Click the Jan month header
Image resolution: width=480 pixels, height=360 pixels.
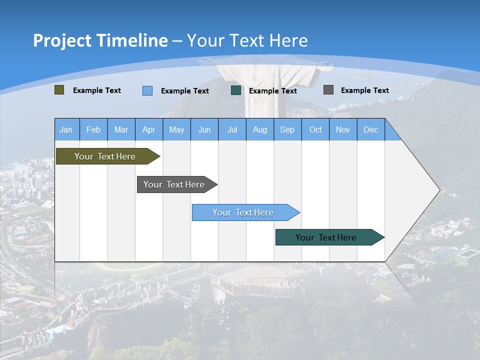(66, 129)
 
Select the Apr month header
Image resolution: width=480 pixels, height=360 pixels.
(148, 129)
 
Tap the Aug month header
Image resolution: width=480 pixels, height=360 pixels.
(259, 129)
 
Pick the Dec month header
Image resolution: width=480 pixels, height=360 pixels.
(370, 129)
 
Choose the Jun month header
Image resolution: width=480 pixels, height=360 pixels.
(204, 129)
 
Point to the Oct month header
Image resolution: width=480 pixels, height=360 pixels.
(315, 129)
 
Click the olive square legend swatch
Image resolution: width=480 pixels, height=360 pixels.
(59, 90)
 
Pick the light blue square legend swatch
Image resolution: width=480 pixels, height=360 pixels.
(147, 90)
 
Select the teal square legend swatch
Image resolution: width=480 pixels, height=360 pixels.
(236, 90)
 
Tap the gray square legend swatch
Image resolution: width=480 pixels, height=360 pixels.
(328, 90)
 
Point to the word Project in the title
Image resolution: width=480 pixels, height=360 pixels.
(62, 40)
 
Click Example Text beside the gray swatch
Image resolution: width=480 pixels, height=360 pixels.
(364, 90)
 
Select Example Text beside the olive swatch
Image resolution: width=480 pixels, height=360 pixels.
(96, 90)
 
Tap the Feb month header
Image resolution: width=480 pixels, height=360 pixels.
(93, 129)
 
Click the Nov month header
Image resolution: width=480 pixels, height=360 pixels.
(343, 129)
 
